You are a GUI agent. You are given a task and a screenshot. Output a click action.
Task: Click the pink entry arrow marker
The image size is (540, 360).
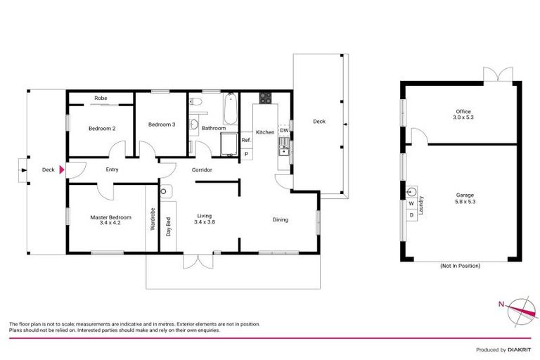click(62, 169)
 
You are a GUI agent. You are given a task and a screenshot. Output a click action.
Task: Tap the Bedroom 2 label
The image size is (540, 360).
click(102, 129)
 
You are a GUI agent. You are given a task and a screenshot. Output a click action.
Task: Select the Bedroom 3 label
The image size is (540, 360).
click(162, 124)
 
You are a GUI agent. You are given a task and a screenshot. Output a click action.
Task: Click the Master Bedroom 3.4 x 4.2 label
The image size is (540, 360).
click(110, 221)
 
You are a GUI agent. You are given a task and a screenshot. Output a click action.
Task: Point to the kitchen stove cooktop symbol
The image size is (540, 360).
click(265, 98)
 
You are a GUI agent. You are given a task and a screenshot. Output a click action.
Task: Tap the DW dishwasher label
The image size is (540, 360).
click(284, 131)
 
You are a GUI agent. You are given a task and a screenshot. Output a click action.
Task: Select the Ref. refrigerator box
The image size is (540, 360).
click(246, 140)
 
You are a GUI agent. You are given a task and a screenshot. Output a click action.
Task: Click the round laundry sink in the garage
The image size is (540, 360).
click(413, 191)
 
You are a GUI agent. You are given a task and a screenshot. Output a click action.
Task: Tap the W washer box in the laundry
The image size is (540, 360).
click(411, 204)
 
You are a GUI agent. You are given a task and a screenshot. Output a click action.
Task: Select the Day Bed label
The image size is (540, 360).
click(169, 228)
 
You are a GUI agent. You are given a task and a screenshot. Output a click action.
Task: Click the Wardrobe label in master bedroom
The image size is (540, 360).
click(153, 219)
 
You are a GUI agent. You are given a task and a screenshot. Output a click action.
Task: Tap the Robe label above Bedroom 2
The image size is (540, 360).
click(101, 98)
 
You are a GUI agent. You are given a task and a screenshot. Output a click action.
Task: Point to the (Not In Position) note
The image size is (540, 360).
click(462, 266)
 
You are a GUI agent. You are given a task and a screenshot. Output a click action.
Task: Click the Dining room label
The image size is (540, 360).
click(281, 220)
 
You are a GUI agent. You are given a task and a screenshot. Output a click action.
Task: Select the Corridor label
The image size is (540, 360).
click(202, 170)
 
